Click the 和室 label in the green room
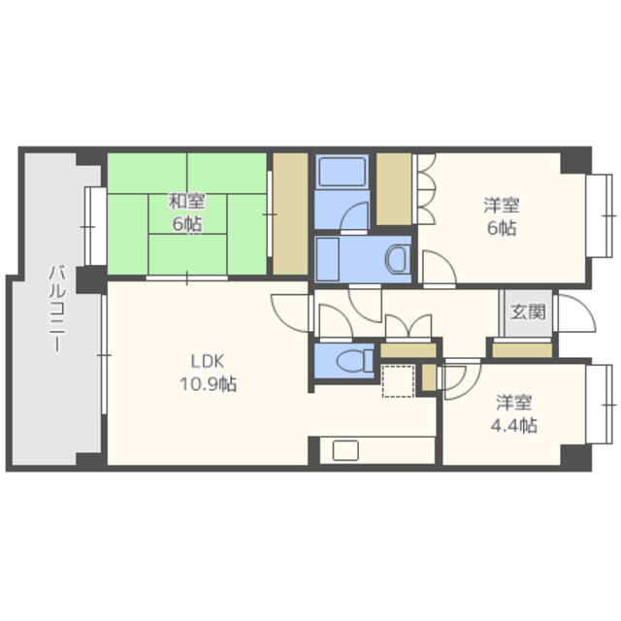click(186, 201)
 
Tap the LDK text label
click(208, 361)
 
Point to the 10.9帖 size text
click(209, 384)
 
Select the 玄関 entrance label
click(528, 312)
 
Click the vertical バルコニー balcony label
click(57, 309)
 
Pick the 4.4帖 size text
click(513, 425)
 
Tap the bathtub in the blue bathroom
click(343, 172)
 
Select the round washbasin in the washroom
click(397, 259)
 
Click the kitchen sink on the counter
click(345, 450)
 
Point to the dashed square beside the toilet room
click(398, 381)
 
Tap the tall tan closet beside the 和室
click(290, 213)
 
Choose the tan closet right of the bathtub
click(394, 189)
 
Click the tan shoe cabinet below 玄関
click(522, 350)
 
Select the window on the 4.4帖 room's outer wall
click(599, 405)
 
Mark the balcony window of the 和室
click(94, 226)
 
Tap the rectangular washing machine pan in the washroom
click(328, 259)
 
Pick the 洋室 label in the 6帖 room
click(501, 205)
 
